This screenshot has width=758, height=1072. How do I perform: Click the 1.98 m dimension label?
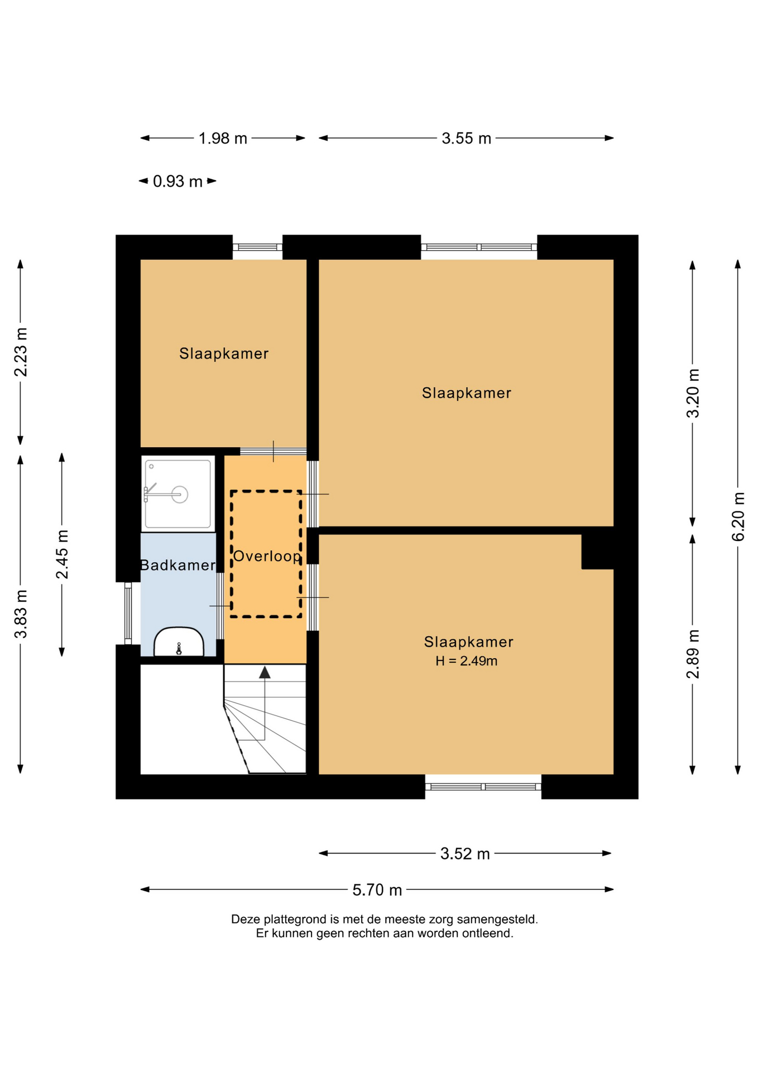(x=223, y=138)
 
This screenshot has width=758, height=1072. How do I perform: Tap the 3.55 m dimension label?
(x=466, y=138)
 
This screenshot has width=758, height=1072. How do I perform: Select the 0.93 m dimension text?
(x=177, y=181)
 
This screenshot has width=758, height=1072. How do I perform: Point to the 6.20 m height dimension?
(x=738, y=516)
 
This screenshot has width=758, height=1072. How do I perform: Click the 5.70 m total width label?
(x=377, y=890)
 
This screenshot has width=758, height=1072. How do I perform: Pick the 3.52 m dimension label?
(x=465, y=854)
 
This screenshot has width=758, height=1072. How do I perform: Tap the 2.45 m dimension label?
(x=62, y=554)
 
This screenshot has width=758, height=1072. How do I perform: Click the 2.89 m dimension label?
(x=693, y=654)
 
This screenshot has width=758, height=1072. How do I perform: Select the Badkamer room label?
(x=177, y=566)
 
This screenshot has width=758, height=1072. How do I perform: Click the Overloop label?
(x=267, y=557)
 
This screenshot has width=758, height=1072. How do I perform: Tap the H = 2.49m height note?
(x=466, y=661)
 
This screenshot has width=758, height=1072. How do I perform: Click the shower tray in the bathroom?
(x=178, y=494)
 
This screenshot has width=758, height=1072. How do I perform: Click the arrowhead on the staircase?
(x=265, y=672)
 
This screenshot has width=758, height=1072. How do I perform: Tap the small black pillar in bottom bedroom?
(x=597, y=552)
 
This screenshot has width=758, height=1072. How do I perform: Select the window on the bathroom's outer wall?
(x=128, y=614)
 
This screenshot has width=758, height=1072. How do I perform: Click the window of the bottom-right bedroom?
(x=483, y=787)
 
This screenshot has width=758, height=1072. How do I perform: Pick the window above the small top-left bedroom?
(x=257, y=247)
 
